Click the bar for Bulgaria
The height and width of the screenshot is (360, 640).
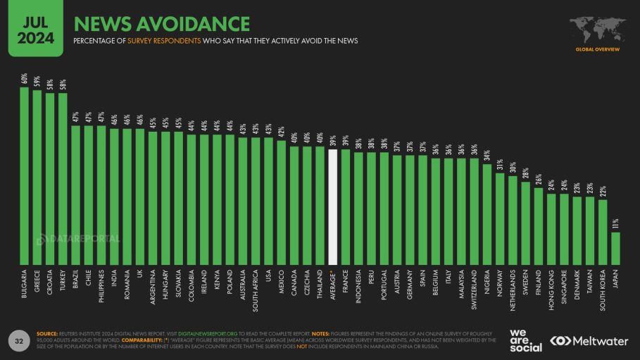(24, 176)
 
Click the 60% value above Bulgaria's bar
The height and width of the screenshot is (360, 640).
(24, 79)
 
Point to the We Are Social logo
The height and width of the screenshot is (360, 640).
(525, 340)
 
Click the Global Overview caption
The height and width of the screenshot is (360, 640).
(597, 49)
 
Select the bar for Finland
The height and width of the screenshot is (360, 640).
(539, 226)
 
